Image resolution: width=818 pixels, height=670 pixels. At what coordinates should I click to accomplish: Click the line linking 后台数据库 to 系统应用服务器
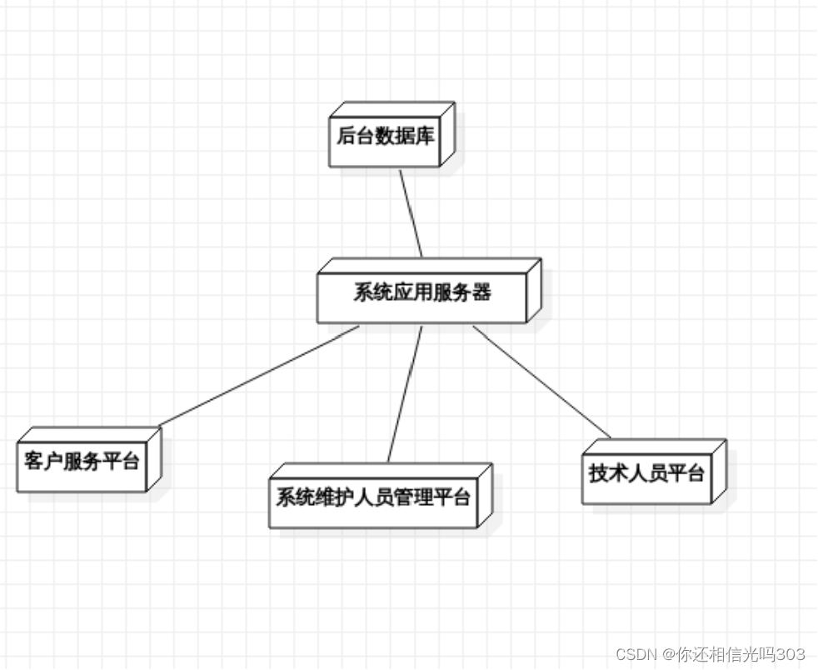tap(411, 213)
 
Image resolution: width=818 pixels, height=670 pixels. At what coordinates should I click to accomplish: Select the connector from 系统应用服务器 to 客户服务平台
tap(258, 376)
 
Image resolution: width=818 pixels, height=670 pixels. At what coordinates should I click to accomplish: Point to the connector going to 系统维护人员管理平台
tap(405, 393)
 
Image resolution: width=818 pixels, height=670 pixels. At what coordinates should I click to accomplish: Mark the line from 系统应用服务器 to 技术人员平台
tap(541, 382)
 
